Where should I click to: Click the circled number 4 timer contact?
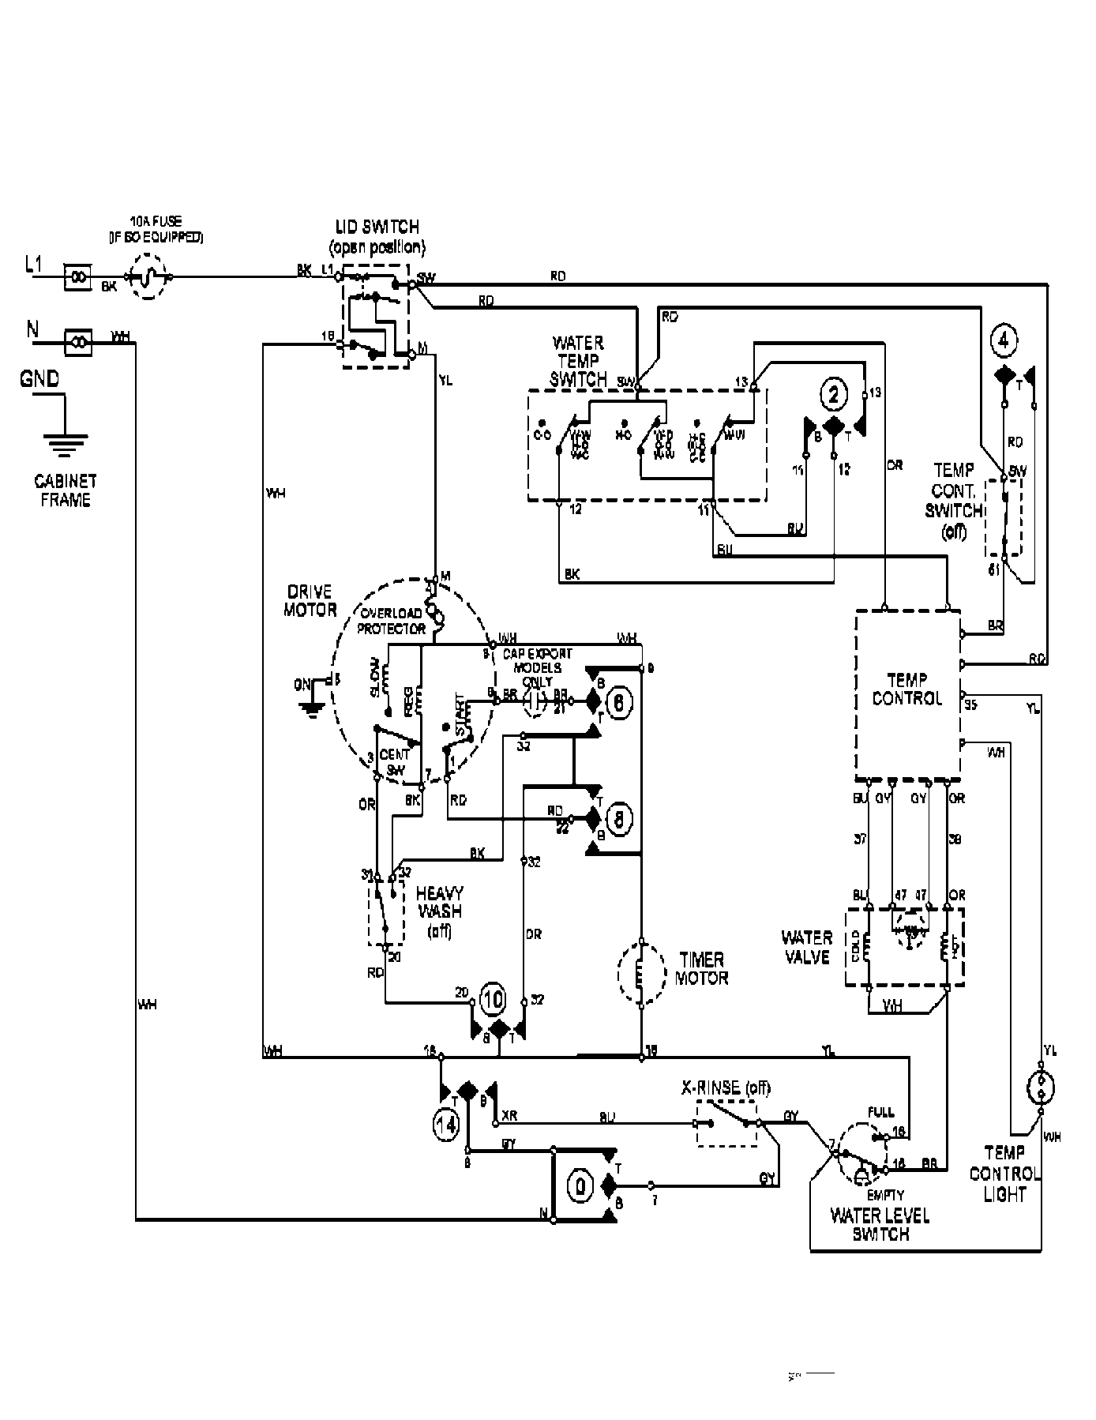click(1003, 341)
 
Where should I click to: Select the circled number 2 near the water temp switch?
click(834, 393)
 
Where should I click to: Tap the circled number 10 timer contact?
click(492, 998)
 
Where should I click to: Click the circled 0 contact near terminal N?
click(580, 1185)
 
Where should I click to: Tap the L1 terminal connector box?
click(77, 277)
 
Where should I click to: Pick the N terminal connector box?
click(78, 342)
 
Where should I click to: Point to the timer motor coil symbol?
click(640, 972)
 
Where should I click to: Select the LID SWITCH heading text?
click(377, 227)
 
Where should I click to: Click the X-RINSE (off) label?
click(725, 1088)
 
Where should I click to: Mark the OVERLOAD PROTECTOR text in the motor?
click(392, 621)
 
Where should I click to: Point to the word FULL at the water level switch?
click(880, 1112)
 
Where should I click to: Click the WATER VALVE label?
click(806, 947)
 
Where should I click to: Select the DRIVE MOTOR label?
click(310, 600)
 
